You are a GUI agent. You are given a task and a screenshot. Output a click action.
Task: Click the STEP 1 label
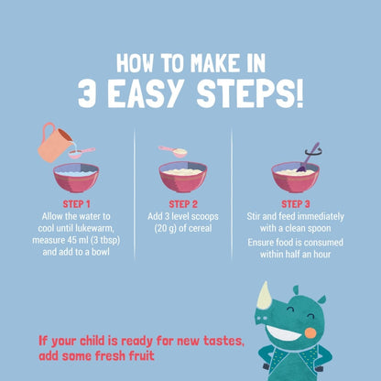[76, 204]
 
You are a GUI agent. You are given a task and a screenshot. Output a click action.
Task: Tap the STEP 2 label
[183, 204]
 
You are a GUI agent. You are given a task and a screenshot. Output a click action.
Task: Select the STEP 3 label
[296, 204]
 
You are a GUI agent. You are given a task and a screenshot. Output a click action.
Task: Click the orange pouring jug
[55, 142]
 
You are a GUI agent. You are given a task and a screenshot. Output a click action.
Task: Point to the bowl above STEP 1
[76, 178]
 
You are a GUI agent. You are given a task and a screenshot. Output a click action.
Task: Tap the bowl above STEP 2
[183, 177]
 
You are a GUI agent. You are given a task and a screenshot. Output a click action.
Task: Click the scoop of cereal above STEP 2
[173, 151]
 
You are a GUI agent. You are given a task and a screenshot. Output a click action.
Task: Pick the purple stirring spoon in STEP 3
[309, 158]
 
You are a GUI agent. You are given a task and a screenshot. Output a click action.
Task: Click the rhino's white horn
[265, 295]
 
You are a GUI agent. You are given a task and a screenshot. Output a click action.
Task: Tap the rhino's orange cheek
[310, 332]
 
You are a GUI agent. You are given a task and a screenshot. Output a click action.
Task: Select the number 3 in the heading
[87, 93]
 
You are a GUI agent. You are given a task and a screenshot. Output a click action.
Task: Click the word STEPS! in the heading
[250, 93]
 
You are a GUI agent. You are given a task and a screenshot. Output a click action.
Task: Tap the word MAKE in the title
[215, 63]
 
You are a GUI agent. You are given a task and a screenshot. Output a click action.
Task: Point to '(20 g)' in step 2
[166, 228]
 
